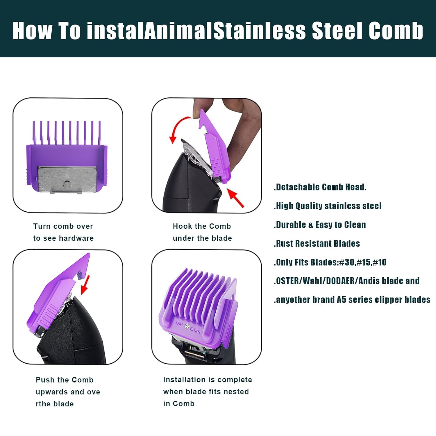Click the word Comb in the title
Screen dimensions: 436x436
pyautogui.click(x=396, y=31)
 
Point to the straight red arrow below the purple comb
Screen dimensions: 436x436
pyautogui.click(x=235, y=198)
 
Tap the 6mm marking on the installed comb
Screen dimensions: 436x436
pyautogui.click(x=194, y=330)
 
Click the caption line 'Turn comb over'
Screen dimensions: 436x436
pyautogui.click(x=63, y=226)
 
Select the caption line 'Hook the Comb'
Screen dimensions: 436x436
pyautogui.click(x=202, y=226)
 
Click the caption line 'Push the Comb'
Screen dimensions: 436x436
pyautogui.click(x=65, y=380)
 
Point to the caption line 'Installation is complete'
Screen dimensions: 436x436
pyautogui.click(x=208, y=380)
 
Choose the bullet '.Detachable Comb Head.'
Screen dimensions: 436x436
pyautogui.click(x=320, y=187)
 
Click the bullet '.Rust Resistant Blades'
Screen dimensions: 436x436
pyautogui.click(x=317, y=244)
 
